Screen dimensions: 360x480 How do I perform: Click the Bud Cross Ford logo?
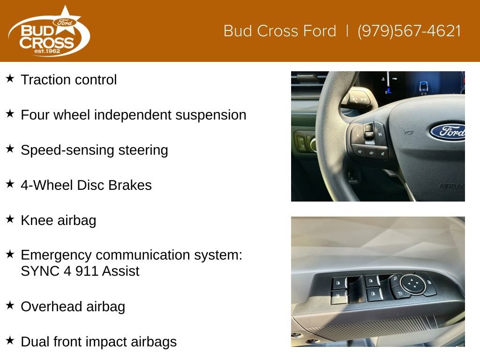(x=49, y=31)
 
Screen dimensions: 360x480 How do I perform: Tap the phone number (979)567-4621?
(x=409, y=31)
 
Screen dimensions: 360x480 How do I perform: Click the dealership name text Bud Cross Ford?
(x=280, y=31)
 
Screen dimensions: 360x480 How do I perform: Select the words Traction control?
(x=68, y=80)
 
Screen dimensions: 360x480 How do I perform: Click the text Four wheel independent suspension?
(x=133, y=115)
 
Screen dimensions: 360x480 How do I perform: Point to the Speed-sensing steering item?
(x=94, y=150)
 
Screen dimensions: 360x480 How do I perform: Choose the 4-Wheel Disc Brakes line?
(x=86, y=185)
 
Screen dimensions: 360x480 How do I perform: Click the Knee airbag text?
(x=59, y=220)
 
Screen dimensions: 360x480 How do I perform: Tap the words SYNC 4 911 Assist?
(x=80, y=271)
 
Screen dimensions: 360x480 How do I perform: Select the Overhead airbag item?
(x=73, y=307)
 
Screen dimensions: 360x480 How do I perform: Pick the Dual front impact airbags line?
(x=98, y=342)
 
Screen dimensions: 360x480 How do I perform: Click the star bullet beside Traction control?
(x=10, y=78)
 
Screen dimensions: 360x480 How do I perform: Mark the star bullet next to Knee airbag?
(x=10, y=219)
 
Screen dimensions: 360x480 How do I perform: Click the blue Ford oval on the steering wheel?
(x=448, y=131)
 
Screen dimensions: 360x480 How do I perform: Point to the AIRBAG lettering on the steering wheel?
(x=452, y=186)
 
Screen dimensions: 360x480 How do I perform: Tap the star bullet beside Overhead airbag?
(x=10, y=305)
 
